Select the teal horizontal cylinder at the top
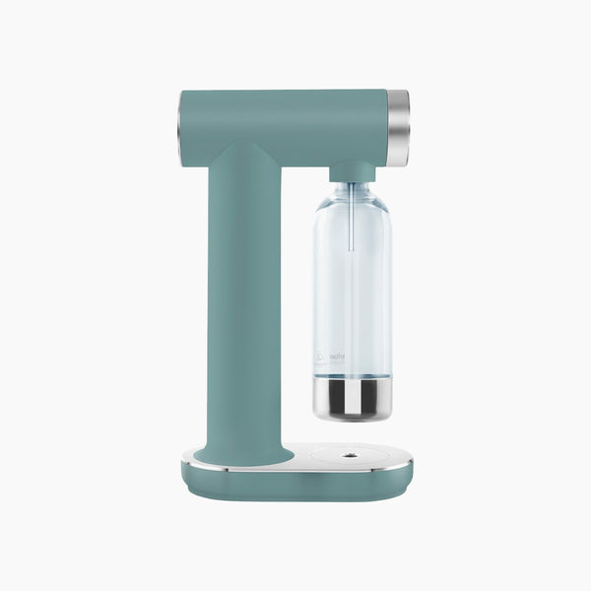[286, 123]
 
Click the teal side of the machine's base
[295, 485]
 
